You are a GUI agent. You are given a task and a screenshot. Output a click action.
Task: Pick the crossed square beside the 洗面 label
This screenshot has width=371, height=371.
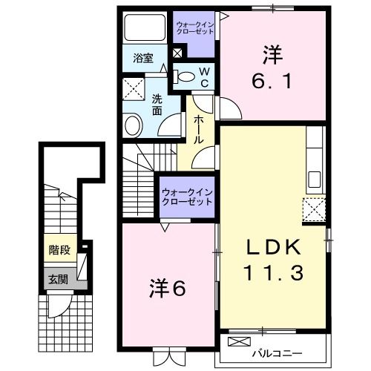pos(135,91)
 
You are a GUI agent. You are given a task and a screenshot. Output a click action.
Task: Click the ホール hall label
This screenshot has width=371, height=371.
pos(199,129)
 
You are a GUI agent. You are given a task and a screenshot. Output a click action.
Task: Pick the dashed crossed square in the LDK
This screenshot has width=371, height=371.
pos(314,211)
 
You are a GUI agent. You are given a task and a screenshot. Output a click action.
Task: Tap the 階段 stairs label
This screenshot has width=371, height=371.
pos(59,250)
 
